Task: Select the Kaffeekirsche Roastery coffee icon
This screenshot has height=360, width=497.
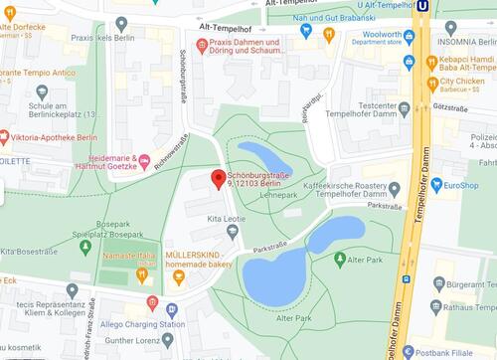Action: coord(395,189)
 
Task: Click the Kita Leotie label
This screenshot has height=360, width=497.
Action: coord(226,217)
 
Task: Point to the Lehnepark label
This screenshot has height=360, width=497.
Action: coord(279,195)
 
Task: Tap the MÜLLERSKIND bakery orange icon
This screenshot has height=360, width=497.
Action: coord(179,275)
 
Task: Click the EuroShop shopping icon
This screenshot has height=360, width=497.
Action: coord(434,184)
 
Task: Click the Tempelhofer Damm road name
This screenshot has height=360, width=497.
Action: coord(417,239)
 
